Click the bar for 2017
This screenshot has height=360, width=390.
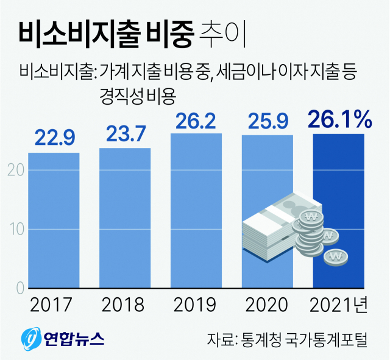click(54, 219)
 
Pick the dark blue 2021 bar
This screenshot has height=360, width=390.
click(338, 183)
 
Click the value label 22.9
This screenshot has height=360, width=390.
click(54, 138)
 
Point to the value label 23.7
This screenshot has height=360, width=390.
click(125, 133)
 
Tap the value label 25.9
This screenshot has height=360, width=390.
click(268, 121)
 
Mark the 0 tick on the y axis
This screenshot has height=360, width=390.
click(19, 288)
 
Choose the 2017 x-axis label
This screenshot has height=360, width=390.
click(54, 304)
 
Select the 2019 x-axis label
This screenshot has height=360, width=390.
click(196, 304)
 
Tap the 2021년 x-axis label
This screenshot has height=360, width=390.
click(339, 304)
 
